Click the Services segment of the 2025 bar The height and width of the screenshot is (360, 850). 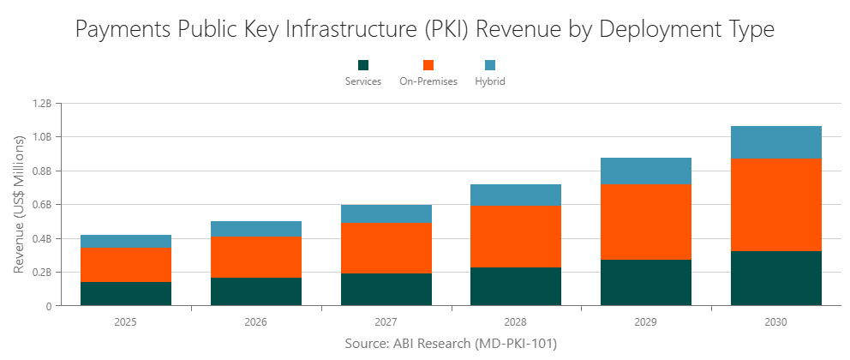pyautogui.click(x=125, y=293)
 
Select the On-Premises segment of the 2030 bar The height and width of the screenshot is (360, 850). pyautogui.click(x=775, y=205)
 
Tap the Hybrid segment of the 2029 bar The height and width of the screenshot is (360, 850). pyautogui.click(x=645, y=171)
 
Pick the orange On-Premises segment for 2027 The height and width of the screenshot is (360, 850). pyautogui.click(x=386, y=248)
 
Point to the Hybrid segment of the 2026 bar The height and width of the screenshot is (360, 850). pyautogui.click(x=255, y=228)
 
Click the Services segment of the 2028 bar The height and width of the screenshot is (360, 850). pyautogui.click(x=516, y=286)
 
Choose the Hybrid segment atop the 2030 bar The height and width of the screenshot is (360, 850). pyautogui.click(x=775, y=142)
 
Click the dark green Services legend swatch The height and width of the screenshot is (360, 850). pyautogui.click(x=363, y=65)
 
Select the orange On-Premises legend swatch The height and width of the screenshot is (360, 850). pyautogui.click(x=428, y=65)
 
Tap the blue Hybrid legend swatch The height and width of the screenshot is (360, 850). pyautogui.click(x=490, y=65)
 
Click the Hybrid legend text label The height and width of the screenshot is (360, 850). pyautogui.click(x=490, y=81)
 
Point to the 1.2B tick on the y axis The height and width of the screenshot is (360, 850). pyautogui.click(x=42, y=103)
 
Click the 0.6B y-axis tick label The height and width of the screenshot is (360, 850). pyautogui.click(x=42, y=204)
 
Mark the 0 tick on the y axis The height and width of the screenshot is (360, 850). pyautogui.click(x=49, y=306)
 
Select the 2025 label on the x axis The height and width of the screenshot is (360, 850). pyautogui.click(x=125, y=322)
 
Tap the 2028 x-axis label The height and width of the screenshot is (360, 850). pyautogui.click(x=516, y=322)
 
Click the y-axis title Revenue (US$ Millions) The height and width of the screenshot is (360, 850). pyautogui.click(x=19, y=204)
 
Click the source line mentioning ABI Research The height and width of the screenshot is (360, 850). pyautogui.click(x=451, y=344)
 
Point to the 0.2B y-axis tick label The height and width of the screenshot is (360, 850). pyautogui.click(x=42, y=272)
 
